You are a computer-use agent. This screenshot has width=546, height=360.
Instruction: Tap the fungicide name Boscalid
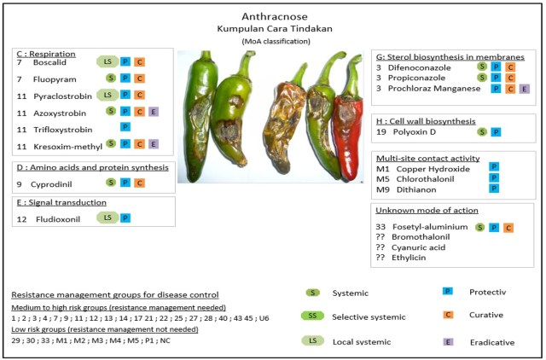tap(49, 62)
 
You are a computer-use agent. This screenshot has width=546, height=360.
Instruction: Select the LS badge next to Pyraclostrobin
tap(107, 95)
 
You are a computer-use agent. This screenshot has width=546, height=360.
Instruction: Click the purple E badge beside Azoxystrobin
tap(153, 112)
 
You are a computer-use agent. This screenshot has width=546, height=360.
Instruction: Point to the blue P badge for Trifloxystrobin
tap(125, 128)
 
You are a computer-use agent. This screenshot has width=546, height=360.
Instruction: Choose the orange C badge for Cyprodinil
tap(139, 182)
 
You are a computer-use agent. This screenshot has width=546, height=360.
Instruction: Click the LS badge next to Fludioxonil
tap(107, 218)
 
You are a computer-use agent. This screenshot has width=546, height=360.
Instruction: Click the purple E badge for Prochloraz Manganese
tap(524, 88)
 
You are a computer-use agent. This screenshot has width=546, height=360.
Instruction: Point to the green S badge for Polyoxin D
tap(481, 132)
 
